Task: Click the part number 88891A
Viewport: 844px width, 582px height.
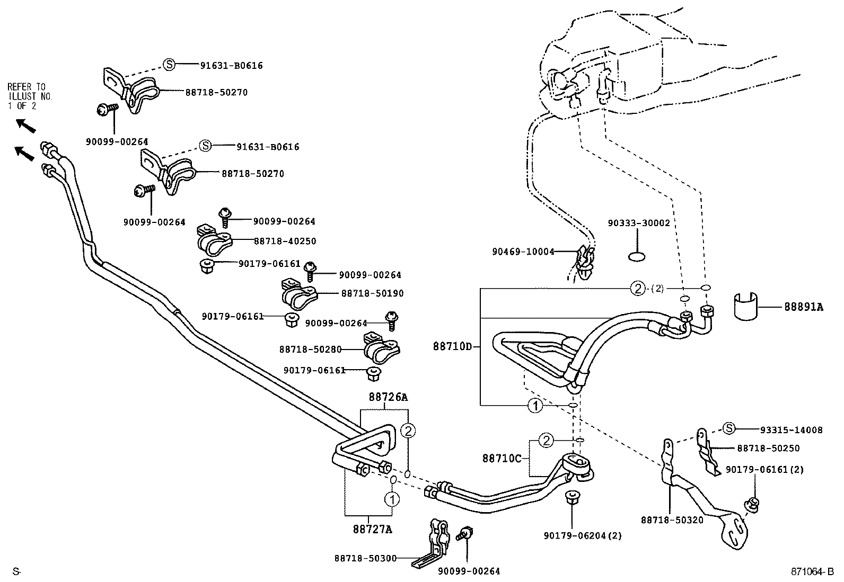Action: (x=804, y=307)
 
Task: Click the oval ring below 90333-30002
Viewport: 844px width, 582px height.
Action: (x=637, y=257)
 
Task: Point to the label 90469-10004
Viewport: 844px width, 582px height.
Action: (x=523, y=252)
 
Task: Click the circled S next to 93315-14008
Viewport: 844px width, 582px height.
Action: (x=729, y=429)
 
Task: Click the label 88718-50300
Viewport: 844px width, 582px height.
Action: (x=365, y=558)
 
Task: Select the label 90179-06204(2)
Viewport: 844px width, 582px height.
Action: (x=582, y=536)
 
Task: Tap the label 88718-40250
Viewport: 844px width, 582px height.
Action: (x=285, y=241)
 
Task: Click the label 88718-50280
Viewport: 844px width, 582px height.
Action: (x=310, y=350)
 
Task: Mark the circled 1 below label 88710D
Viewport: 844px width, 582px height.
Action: (x=535, y=406)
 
